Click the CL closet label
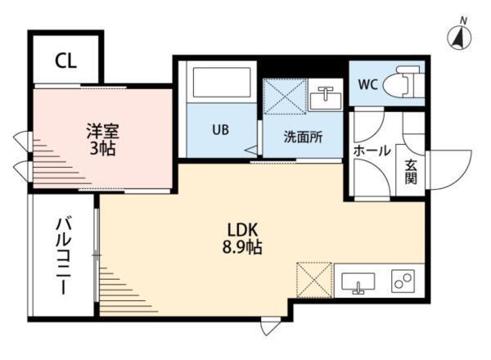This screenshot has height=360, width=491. pyautogui.click(x=66, y=61)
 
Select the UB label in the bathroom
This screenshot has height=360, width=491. pyautogui.click(x=221, y=129)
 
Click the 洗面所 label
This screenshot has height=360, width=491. pyautogui.click(x=302, y=137)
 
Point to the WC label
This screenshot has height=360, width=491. pyautogui.click(x=367, y=84)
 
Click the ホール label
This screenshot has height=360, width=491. pyautogui.click(x=372, y=151)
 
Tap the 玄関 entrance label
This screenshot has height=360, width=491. pyautogui.click(x=410, y=170)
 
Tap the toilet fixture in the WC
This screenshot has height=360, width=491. pyautogui.click(x=405, y=83)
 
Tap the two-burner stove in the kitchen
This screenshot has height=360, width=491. pyautogui.click(x=403, y=282)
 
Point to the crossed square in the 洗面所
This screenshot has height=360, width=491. pyautogui.click(x=285, y=99)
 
